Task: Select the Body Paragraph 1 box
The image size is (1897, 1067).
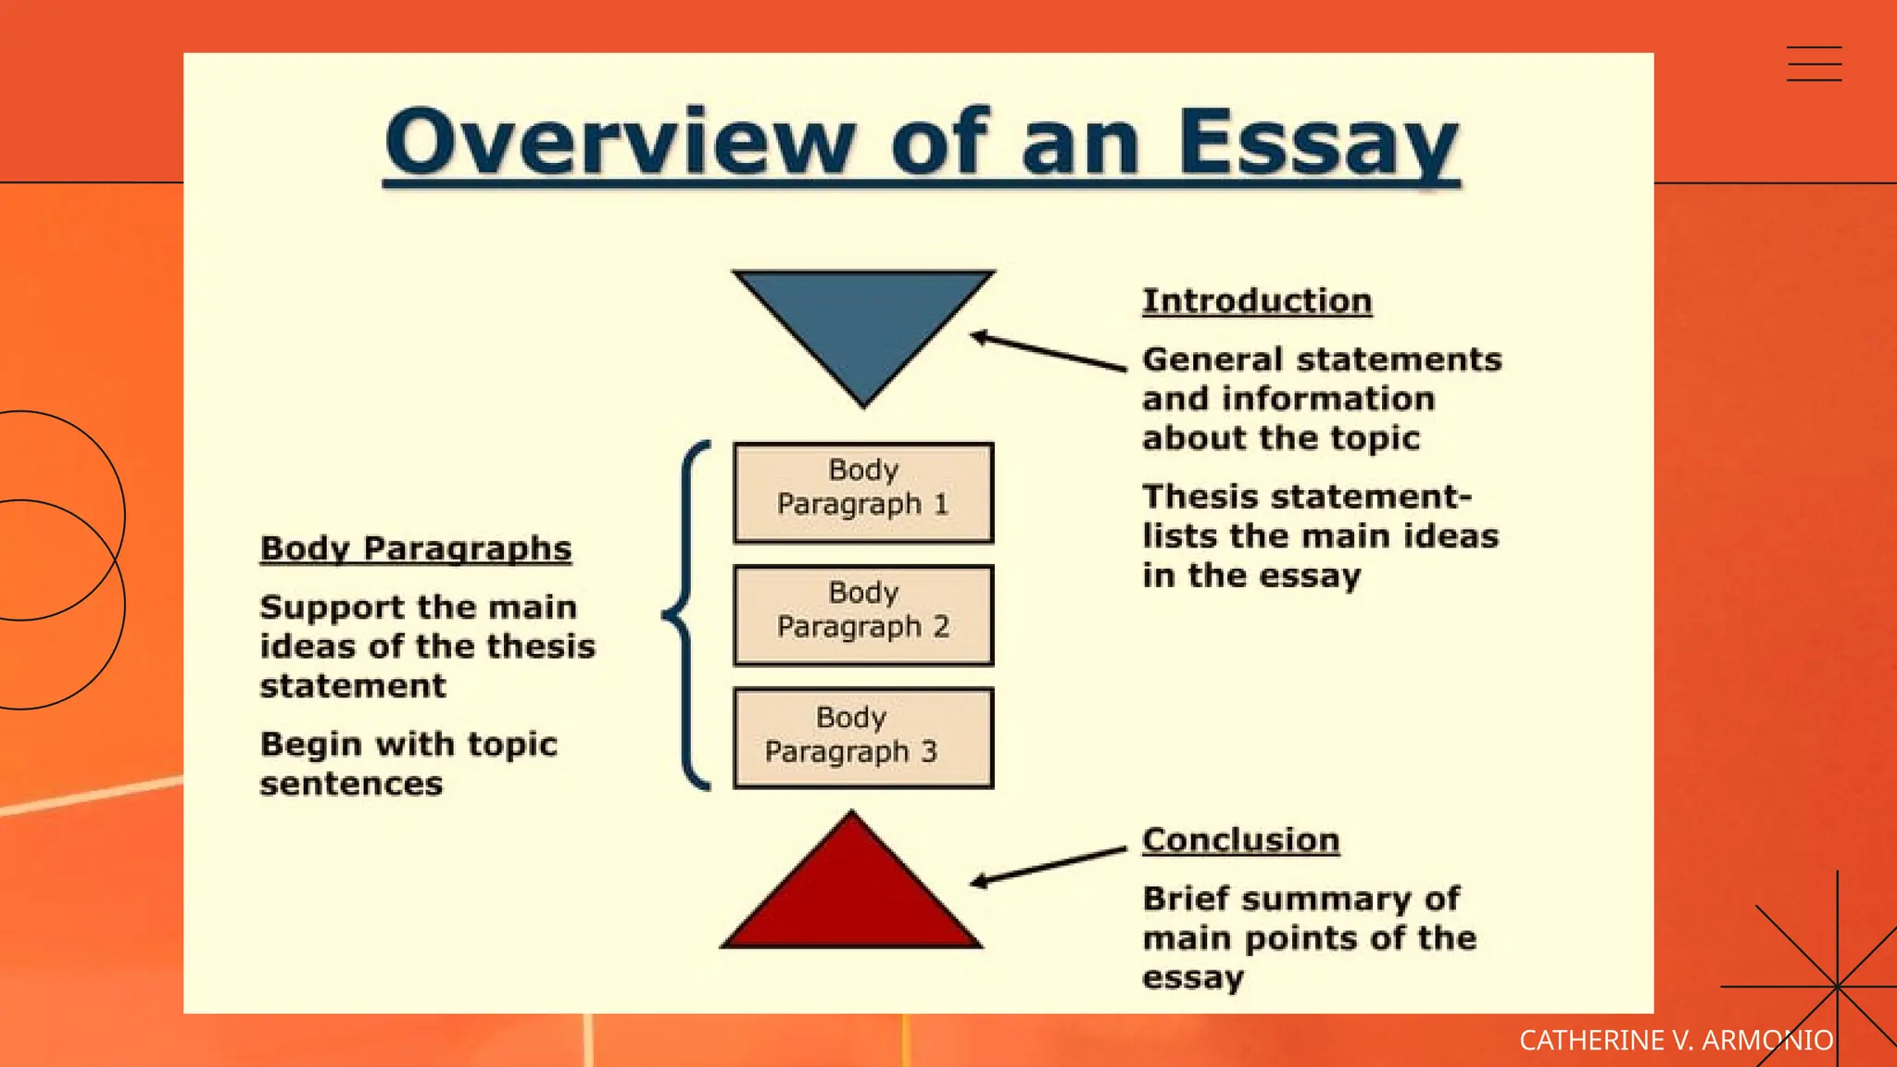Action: (863, 493)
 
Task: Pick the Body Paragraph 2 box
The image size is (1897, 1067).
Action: (863, 615)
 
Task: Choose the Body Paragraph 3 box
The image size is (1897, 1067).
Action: (863, 738)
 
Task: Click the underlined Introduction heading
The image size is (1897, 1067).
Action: (1257, 301)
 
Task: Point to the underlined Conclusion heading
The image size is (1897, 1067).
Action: (1240, 840)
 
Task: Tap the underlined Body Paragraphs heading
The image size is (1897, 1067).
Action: (416, 548)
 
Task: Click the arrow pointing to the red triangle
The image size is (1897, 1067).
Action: (1049, 865)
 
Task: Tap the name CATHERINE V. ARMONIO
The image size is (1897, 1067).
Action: (1676, 1040)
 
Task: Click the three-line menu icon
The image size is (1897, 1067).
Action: (1814, 64)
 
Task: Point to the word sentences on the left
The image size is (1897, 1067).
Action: (351, 785)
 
